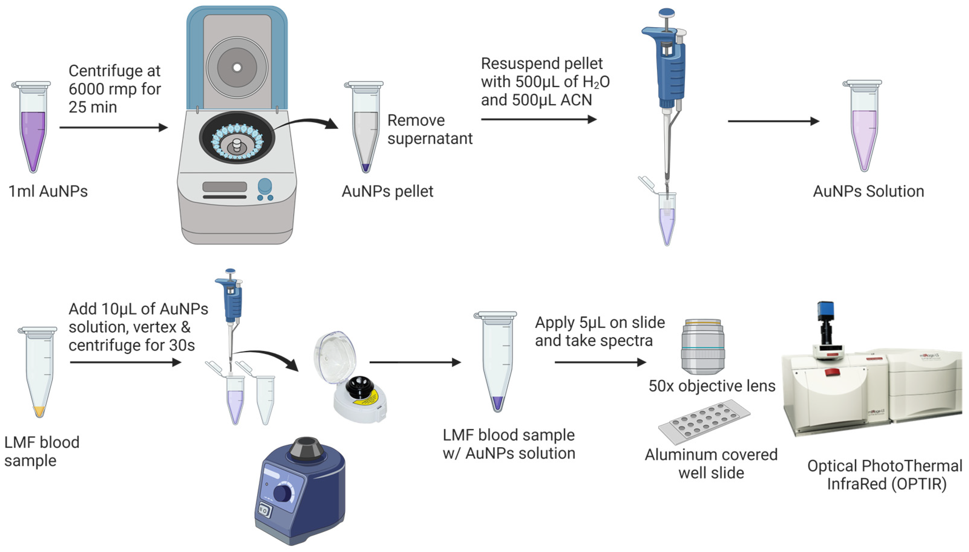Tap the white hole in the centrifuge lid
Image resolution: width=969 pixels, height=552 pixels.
pyautogui.click(x=237, y=67)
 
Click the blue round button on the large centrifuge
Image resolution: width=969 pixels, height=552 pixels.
pyautogui.click(x=265, y=186)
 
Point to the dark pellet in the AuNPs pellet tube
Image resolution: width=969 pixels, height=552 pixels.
pyautogui.click(x=366, y=167)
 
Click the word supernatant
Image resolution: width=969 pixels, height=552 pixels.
pyautogui.click(x=430, y=139)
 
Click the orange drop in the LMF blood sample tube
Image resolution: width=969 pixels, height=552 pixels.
pyautogui.click(x=39, y=411)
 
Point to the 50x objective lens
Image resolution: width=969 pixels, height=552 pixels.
pyautogui.click(x=703, y=346)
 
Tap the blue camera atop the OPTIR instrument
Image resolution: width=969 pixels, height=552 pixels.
pyautogui.click(x=825, y=312)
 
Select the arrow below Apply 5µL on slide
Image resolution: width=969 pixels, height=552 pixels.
pyautogui.click(x=600, y=362)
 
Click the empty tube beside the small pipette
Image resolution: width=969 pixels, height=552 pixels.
pyautogui.click(x=265, y=400)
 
